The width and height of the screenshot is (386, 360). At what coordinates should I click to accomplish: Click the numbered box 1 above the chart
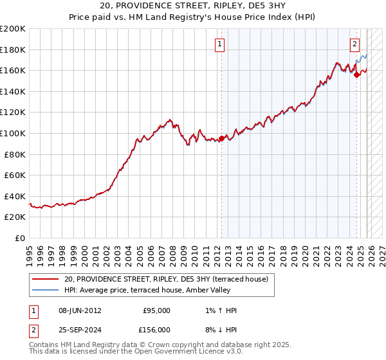click(x=220, y=44)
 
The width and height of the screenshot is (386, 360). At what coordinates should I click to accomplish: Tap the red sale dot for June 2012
click(x=222, y=138)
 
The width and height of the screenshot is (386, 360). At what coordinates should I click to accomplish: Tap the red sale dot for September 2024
click(x=357, y=75)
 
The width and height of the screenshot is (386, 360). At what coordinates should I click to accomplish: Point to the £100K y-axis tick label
click(x=13, y=133)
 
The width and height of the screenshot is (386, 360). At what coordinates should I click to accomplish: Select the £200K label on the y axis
click(x=13, y=29)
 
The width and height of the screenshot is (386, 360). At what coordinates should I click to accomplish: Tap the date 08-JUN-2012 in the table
click(x=80, y=310)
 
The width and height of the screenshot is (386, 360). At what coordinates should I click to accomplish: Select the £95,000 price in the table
click(x=156, y=310)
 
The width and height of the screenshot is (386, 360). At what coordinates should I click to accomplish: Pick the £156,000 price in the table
click(x=156, y=330)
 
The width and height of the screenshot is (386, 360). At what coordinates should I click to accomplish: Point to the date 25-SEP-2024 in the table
click(x=80, y=330)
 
